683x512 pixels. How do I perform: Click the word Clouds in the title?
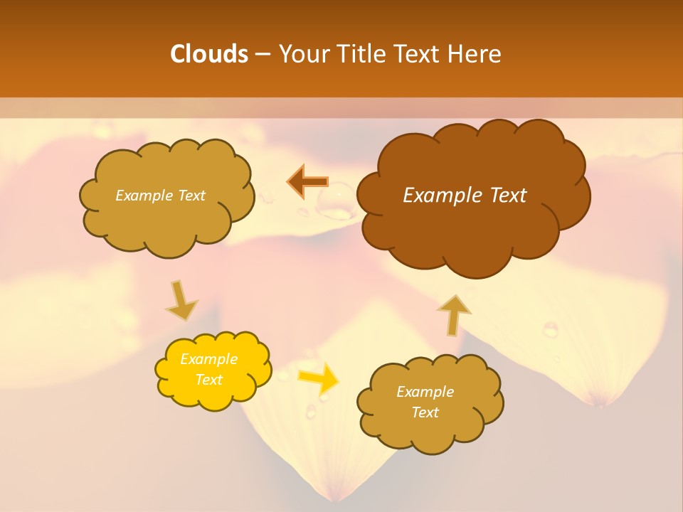(209, 54)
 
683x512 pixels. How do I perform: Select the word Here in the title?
(472, 54)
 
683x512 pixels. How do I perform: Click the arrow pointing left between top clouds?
(307, 182)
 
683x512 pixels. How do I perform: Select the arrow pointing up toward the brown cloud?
(453, 314)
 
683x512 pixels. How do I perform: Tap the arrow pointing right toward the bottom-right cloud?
(318, 378)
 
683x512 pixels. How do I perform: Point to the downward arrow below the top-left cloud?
(181, 299)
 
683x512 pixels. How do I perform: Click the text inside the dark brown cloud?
(465, 196)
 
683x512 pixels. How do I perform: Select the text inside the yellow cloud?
(209, 369)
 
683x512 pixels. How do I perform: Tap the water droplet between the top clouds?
(336, 206)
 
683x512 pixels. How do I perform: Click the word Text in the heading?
(420, 54)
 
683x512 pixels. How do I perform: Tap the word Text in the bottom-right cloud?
(425, 412)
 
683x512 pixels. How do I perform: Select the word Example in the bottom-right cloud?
(425, 392)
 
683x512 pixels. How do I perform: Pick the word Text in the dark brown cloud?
(506, 196)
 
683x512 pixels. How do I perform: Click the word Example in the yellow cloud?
(209, 359)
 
